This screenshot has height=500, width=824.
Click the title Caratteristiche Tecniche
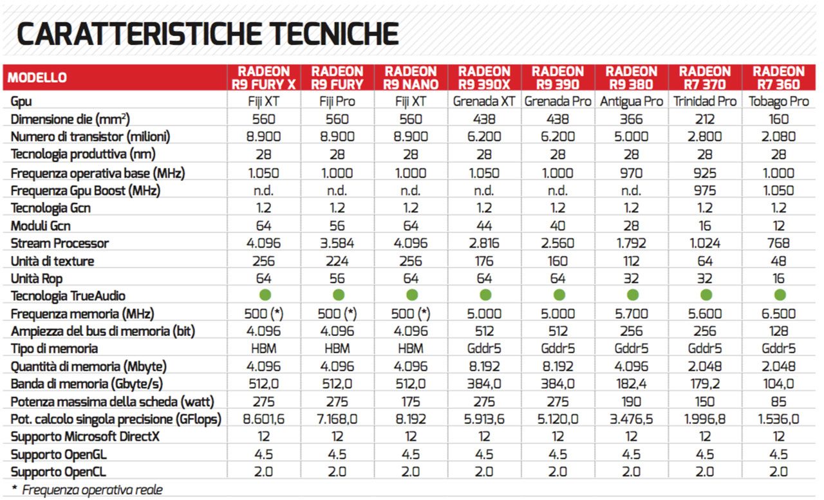click(x=207, y=34)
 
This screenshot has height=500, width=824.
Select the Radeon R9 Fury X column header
click(x=263, y=78)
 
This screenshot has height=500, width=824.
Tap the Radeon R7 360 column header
click(x=778, y=78)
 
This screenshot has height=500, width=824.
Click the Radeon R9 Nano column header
click(x=411, y=78)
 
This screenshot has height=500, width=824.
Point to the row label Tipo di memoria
click(x=54, y=349)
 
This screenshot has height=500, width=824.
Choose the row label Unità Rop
click(x=38, y=279)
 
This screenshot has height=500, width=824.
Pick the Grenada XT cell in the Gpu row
click(x=484, y=102)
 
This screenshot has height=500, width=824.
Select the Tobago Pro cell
click(x=778, y=102)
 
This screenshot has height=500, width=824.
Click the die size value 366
click(x=632, y=119)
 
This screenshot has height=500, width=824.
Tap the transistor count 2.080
click(x=778, y=137)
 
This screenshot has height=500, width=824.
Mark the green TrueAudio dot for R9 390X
click(x=485, y=295)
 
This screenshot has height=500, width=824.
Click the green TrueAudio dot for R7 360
click(x=779, y=295)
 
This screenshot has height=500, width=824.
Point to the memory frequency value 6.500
click(x=778, y=314)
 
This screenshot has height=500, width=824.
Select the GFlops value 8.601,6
click(x=263, y=420)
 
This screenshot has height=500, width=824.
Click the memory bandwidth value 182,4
click(x=632, y=384)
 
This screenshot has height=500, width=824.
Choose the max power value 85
click(x=778, y=402)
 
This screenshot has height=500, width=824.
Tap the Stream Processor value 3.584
click(x=337, y=243)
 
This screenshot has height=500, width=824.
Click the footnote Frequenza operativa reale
click(x=92, y=490)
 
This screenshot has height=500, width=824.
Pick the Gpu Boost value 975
click(x=705, y=190)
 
